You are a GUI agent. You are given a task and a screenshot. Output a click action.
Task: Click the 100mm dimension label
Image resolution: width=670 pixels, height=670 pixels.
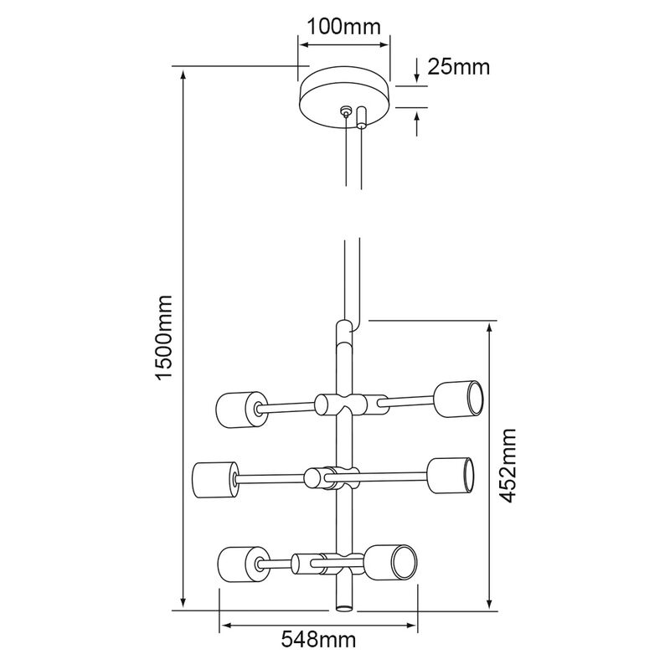pyautogui.click(x=343, y=27)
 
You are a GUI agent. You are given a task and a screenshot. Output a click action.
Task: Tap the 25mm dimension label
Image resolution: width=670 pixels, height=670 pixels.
pyautogui.click(x=459, y=67)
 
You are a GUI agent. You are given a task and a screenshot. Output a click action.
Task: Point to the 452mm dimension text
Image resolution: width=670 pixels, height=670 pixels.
pyautogui.click(x=508, y=466)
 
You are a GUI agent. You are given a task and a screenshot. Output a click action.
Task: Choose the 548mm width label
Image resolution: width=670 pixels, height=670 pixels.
pyautogui.click(x=318, y=640)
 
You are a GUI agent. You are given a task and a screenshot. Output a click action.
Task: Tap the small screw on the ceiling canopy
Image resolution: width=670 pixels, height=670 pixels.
pyautogui.click(x=345, y=112)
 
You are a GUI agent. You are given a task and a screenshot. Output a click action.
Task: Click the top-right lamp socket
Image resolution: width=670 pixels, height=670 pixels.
pyautogui.click(x=459, y=397)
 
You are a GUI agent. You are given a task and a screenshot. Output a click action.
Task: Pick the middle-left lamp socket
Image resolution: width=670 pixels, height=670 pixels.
pyautogui.click(x=215, y=479)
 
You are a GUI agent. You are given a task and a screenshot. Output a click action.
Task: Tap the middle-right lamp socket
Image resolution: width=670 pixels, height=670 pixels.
pyautogui.click(x=450, y=476)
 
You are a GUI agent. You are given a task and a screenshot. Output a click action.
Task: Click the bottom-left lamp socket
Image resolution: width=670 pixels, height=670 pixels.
pyautogui.click(x=243, y=564)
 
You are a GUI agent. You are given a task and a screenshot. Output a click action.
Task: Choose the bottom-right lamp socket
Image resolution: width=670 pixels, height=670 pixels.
pyautogui.click(x=391, y=562)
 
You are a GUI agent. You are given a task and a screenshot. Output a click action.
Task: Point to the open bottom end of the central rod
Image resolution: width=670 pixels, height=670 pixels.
pyautogui.click(x=344, y=608)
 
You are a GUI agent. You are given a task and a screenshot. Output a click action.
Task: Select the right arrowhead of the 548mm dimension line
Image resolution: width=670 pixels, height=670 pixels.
pyautogui.click(x=413, y=626)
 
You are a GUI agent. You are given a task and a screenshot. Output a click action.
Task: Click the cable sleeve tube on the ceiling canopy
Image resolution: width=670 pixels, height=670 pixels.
pyautogui.click(x=362, y=117)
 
